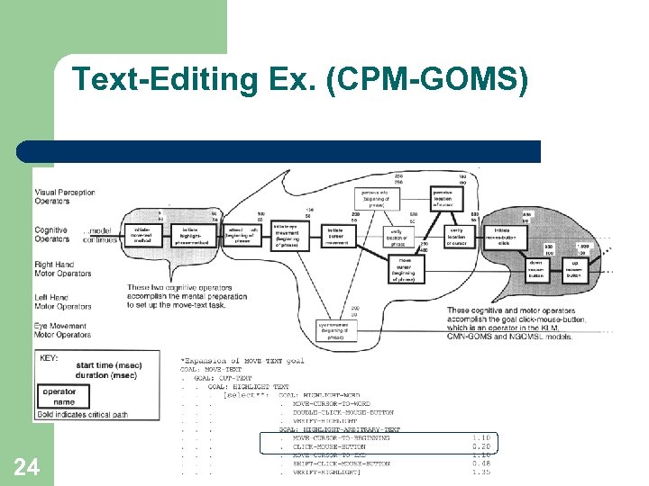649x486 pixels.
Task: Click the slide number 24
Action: click(x=26, y=466)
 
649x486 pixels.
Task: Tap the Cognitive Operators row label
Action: click(x=51, y=235)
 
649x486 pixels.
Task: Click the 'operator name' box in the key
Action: click(x=59, y=397)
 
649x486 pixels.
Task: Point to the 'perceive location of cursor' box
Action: click(x=443, y=196)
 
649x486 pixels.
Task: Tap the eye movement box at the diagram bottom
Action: click(x=334, y=328)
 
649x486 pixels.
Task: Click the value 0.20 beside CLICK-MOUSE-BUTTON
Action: click(x=481, y=446)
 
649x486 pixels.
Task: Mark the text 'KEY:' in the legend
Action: click(x=50, y=358)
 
